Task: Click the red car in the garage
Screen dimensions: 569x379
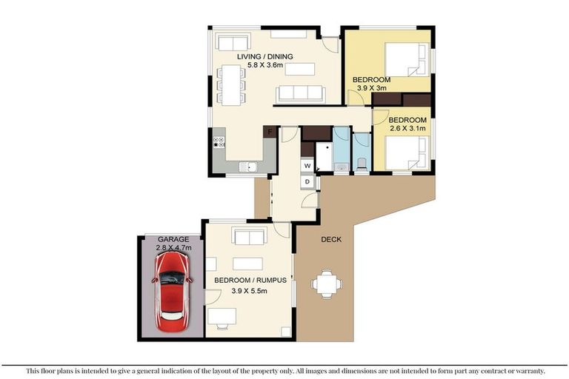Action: tap(173, 292)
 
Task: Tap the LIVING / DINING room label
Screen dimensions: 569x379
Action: tap(265, 56)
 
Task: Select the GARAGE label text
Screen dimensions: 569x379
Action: tap(173, 239)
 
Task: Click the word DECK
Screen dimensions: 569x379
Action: tap(331, 239)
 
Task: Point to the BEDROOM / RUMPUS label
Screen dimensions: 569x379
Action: tap(250, 281)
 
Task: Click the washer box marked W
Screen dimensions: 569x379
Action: tap(307, 166)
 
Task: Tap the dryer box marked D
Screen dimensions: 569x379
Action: tap(307, 181)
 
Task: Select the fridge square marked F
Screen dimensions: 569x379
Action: tap(270, 132)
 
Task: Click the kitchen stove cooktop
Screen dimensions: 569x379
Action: tap(219, 141)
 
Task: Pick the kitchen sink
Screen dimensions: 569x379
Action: tap(248, 167)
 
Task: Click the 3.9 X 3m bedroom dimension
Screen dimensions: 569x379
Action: tap(371, 88)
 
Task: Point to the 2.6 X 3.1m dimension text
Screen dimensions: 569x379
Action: tap(407, 128)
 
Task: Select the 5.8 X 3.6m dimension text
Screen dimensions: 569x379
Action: tap(265, 65)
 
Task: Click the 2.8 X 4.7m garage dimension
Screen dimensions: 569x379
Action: tap(173, 248)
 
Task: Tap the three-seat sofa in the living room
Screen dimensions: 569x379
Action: tap(301, 94)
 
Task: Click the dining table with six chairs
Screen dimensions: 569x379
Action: tap(231, 85)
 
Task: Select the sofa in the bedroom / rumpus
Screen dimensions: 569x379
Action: tap(249, 235)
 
